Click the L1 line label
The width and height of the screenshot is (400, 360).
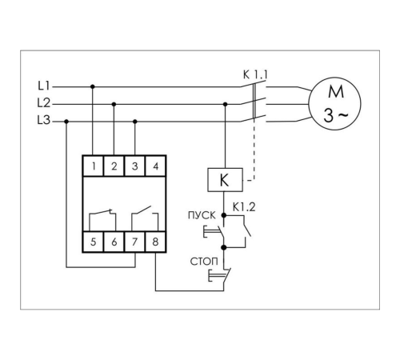[44, 86]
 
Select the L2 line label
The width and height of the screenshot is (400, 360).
[44, 103]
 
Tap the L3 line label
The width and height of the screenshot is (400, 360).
[44, 120]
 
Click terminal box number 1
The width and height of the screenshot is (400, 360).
[93, 166]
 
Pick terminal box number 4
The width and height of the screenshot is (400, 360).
[156, 166]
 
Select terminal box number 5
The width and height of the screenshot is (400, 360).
[93, 242]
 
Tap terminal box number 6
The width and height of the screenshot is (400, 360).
[114, 242]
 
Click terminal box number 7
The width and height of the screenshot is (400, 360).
[134, 242]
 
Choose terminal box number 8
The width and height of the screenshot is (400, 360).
[156, 242]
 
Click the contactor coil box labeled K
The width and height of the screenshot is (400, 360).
[225, 180]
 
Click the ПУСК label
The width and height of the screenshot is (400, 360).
[202, 215]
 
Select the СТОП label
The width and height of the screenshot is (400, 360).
[204, 262]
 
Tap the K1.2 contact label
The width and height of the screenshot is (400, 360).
[244, 207]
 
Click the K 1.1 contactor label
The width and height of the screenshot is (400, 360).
[255, 75]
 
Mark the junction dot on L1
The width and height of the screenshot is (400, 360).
[93, 86]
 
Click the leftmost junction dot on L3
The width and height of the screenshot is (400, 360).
[66, 122]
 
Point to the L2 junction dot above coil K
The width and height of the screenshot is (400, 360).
[225, 104]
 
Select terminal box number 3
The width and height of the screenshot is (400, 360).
[134, 166]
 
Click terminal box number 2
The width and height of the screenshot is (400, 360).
[114, 166]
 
